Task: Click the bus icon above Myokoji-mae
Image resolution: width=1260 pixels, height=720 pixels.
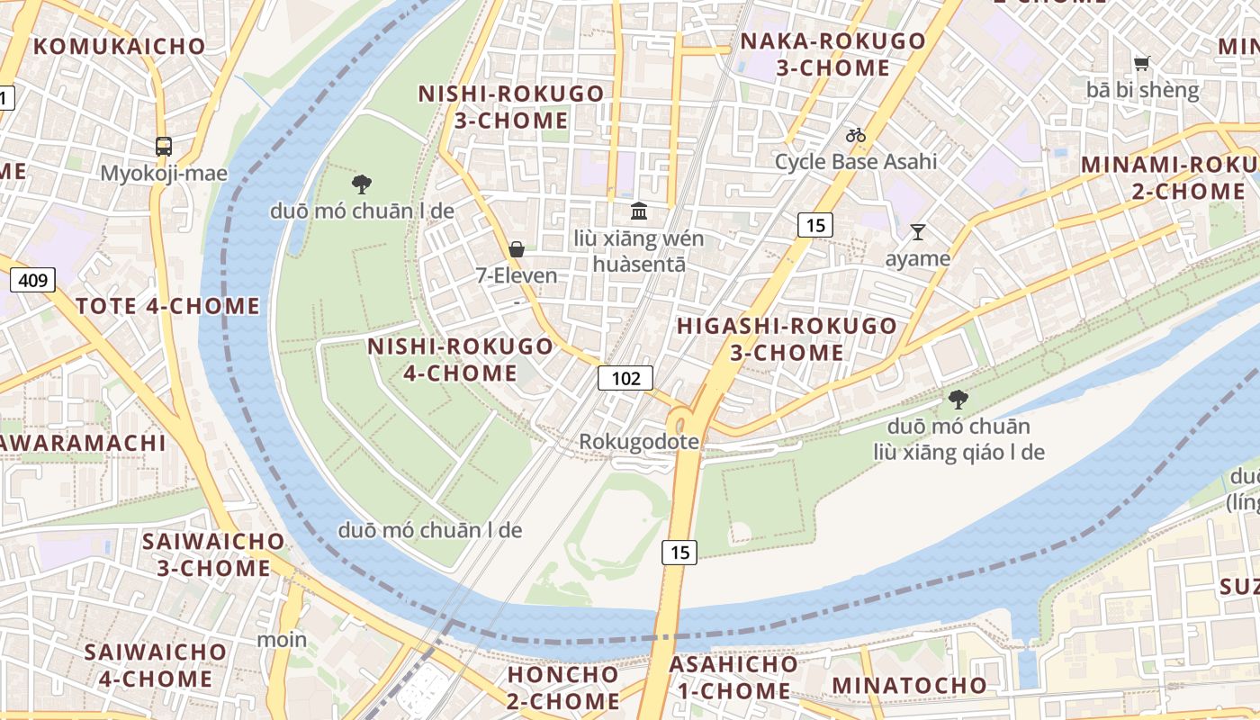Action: (164, 146)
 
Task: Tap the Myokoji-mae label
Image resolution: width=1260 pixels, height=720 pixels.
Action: (164, 173)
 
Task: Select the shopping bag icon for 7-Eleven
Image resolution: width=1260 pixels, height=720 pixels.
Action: (517, 249)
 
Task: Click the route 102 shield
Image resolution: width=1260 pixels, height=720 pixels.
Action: (625, 378)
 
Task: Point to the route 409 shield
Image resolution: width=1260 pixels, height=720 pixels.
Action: (32, 280)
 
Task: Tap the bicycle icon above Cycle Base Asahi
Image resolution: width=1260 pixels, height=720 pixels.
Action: (855, 136)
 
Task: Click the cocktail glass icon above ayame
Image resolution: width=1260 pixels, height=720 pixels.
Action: (917, 232)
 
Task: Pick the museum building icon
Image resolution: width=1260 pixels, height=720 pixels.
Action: (639, 211)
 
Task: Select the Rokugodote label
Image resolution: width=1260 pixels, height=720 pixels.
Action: (639, 442)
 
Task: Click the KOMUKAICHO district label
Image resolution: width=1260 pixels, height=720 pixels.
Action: (120, 47)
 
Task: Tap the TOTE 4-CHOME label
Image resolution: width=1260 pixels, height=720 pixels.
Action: (168, 306)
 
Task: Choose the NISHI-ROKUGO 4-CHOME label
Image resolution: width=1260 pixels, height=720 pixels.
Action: (460, 359)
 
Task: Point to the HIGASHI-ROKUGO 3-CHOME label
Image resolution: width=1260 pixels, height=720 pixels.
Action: (787, 338)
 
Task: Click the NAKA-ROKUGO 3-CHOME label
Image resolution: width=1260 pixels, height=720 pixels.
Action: (832, 54)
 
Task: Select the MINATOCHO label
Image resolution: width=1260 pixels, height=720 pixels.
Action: (909, 685)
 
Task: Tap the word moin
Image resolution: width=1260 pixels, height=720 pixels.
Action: (282, 640)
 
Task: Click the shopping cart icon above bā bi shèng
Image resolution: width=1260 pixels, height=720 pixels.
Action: (1142, 63)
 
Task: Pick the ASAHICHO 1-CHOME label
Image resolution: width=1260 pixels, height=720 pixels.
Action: (733, 678)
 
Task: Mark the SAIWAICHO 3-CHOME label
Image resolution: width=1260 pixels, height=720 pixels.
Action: (213, 554)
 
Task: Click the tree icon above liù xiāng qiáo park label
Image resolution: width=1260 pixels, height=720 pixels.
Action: (958, 399)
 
